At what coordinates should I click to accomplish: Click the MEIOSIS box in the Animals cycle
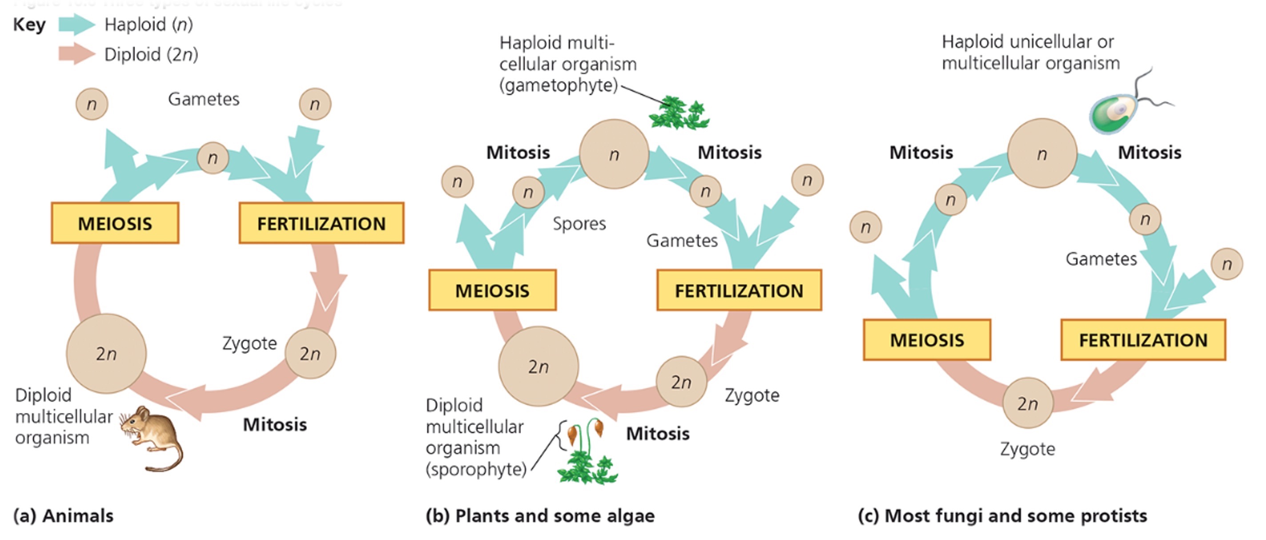(x=115, y=224)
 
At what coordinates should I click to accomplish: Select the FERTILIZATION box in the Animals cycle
(x=322, y=224)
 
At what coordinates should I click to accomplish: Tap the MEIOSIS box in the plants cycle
(x=492, y=290)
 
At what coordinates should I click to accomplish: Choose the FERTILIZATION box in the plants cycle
(x=739, y=290)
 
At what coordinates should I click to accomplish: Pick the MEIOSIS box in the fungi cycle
(x=927, y=340)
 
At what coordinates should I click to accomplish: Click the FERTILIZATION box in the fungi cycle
(x=1143, y=340)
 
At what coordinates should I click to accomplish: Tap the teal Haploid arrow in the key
(x=76, y=24)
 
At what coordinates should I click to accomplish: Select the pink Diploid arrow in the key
(x=76, y=54)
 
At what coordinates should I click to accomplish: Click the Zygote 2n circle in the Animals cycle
(x=310, y=353)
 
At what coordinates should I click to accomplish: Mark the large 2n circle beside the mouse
(x=106, y=353)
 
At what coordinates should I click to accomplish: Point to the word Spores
(x=579, y=224)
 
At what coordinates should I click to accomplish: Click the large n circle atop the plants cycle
(x=614, y=154)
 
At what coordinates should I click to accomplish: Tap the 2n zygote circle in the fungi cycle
(x=1028, y=404)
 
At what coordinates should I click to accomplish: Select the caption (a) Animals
(x=64, y=516)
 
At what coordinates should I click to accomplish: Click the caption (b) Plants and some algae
(x=540, y=516)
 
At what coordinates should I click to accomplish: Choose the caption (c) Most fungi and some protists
(x=1003, y=516)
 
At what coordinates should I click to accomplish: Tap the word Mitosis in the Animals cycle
(x=275, y=424)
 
